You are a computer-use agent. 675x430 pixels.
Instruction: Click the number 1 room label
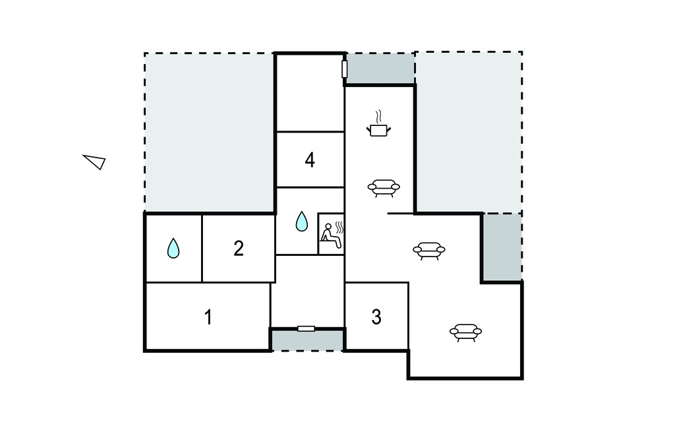[x=208, y=317]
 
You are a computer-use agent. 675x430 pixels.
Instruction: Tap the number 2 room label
[x=239, y=249]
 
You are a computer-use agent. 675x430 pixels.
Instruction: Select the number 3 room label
[x=376, y=317]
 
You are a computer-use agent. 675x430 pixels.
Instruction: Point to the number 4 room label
[x=310, y=160]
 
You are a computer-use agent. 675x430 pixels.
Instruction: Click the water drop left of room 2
[x=173, y=249]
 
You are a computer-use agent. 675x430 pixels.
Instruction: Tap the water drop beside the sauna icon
[x=302, y=221]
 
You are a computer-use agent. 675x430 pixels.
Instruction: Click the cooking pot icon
[x=378, y=130]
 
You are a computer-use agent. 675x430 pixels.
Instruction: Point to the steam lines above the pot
[x=378, y=116]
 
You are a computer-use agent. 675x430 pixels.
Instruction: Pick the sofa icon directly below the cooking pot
[x=384, y=188]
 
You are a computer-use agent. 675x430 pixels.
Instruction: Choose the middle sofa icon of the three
[x=428, y=251]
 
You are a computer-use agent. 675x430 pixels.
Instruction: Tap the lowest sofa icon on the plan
[x=466, y=332]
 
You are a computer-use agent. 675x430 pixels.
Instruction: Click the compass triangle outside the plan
[x=95, y=162]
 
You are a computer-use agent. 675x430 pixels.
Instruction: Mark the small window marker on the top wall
[x=344, y=69]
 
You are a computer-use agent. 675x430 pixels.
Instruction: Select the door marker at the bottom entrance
[x=306, y=328]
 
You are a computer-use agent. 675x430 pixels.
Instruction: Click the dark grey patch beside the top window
[x=380, y=68]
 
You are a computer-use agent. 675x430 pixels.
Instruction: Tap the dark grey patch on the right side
[x=502, y=247]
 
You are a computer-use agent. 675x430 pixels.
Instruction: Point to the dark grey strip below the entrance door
[x=307, y=340]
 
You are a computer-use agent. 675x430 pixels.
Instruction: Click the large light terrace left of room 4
[x=209, y=133]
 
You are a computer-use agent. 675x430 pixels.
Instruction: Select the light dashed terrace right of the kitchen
[x=469, y=133]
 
